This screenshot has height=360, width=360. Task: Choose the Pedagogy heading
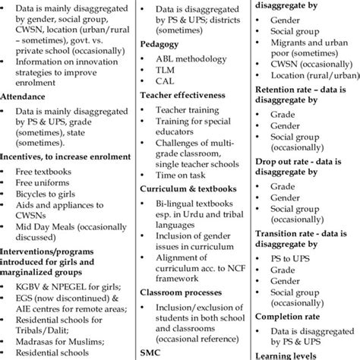(x=159, y=45)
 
